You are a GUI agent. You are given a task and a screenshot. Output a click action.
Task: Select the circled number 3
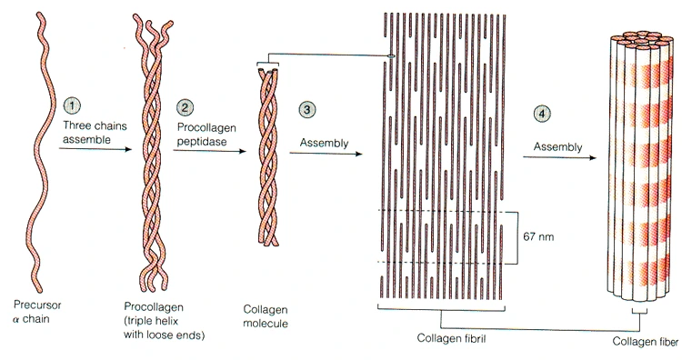(x=308, y=108)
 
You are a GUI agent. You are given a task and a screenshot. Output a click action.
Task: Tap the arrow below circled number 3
(x=324, y=154)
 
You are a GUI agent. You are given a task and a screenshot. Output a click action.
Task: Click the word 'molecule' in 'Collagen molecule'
(x=266, y=323)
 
